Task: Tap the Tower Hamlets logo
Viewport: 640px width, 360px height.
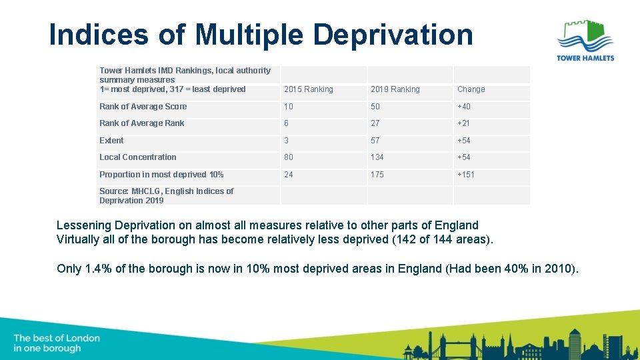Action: [x=585, y=40]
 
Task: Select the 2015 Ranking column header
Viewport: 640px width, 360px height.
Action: [x=308, y=89]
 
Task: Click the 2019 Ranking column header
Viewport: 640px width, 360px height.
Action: [x=395, y=89]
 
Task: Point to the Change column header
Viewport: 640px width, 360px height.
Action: [x=471, y=89]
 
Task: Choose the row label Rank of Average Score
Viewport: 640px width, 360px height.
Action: [x=143, y=107]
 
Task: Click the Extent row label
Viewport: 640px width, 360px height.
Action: [x=111, y=141]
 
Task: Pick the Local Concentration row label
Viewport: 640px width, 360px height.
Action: [x=137, y=157]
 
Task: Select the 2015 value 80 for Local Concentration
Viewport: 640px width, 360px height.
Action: [x=289, y=157]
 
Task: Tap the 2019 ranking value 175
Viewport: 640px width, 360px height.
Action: [x=377, y=175]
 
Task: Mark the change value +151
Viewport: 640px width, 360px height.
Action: [x=466, y=175]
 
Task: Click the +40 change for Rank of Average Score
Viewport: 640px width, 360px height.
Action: [x=464, y=107]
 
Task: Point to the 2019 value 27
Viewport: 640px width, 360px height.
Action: [x=375, y=123]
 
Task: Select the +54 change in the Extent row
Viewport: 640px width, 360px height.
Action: [x=464, y=141]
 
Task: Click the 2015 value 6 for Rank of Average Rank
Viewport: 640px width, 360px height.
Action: [x=287, y=123]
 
